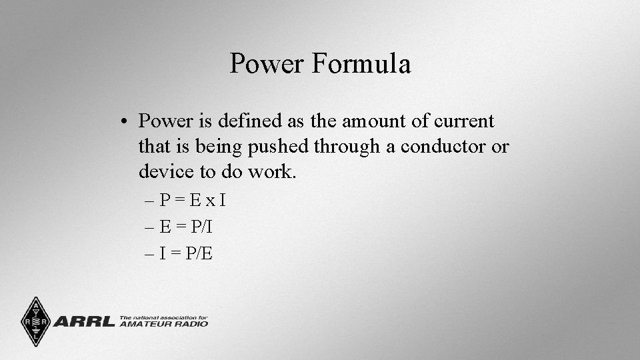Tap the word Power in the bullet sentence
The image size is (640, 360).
[x=165, y=121]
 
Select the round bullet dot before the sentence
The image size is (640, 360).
[x=125, y=122]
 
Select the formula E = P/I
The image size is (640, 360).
[x=186, y=227]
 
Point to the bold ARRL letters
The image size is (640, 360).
[x=84, y=322]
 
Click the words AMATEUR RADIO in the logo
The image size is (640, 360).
[x=163, y=324]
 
